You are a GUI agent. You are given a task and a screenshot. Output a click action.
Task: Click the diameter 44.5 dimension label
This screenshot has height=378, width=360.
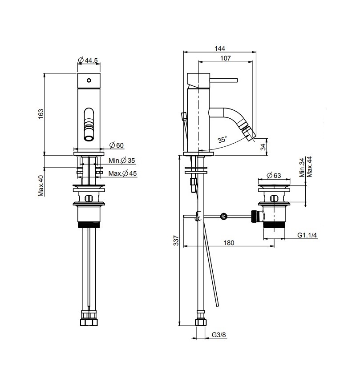(88, 60)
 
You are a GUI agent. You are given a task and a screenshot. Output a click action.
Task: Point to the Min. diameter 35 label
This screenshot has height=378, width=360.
(121, 160)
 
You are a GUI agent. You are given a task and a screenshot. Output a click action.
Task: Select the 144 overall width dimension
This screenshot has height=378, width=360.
(220, 48)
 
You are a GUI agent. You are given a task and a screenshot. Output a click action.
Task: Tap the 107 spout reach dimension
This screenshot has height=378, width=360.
(225, 58)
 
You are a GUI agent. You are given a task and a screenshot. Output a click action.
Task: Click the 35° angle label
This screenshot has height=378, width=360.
(222, 140)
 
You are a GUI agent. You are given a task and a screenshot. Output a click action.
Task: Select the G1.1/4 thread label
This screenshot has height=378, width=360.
(307, 236)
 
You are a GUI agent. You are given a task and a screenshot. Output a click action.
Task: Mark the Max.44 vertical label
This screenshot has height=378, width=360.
(309, 165)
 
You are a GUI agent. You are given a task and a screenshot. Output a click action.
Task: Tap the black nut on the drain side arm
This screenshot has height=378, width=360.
(255, 217)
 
